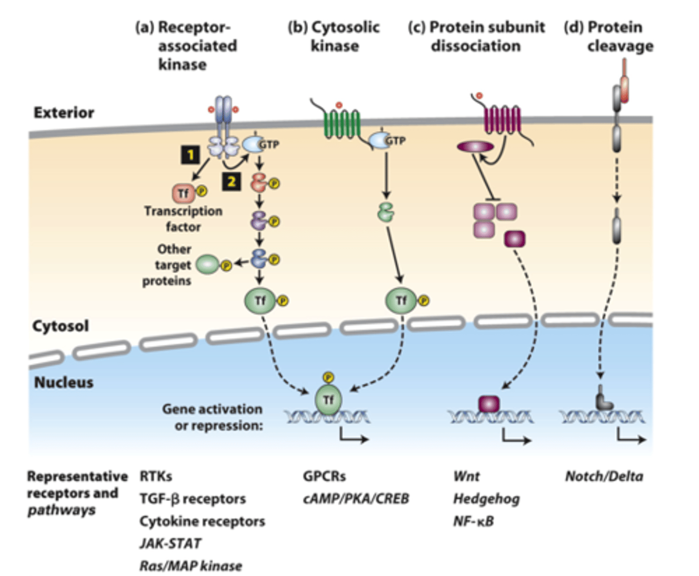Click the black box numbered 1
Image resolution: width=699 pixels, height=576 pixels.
click(x=190, y=155)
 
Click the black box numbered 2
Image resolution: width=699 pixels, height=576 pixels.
click(x=232, y=182)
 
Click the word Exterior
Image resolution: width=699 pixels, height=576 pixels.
click(x=64, y=113)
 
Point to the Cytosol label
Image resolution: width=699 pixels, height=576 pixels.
click(x=60, y=325)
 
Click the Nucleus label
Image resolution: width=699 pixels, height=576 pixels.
click(x=64, y=382)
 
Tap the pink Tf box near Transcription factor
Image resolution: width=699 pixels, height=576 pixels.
click(x=183, y=193)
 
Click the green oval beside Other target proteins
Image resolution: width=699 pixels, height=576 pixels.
click(x=207, y=265)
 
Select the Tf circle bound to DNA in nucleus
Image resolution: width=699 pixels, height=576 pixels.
click(x=329, y=400)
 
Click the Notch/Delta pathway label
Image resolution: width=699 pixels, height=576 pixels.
click(x=604, y=476)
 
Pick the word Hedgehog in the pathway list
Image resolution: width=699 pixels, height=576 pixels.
click(x=486, y=499)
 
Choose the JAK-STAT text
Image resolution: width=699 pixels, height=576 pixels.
click(x=170, y=543)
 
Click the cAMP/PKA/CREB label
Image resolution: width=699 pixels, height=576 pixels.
click(x=356, y=499)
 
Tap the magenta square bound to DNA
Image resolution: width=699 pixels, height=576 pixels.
click(x=489, y=404)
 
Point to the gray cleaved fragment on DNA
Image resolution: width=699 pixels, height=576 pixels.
click(x=604, y=399)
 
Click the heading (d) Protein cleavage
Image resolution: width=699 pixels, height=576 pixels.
click(x=608, y=36)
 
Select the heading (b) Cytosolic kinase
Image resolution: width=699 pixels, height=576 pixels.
click(x=334, y=36)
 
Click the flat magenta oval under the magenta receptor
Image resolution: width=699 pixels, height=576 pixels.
click(x=475, y=146)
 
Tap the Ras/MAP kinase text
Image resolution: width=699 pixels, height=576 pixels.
click(x=191, y=566)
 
